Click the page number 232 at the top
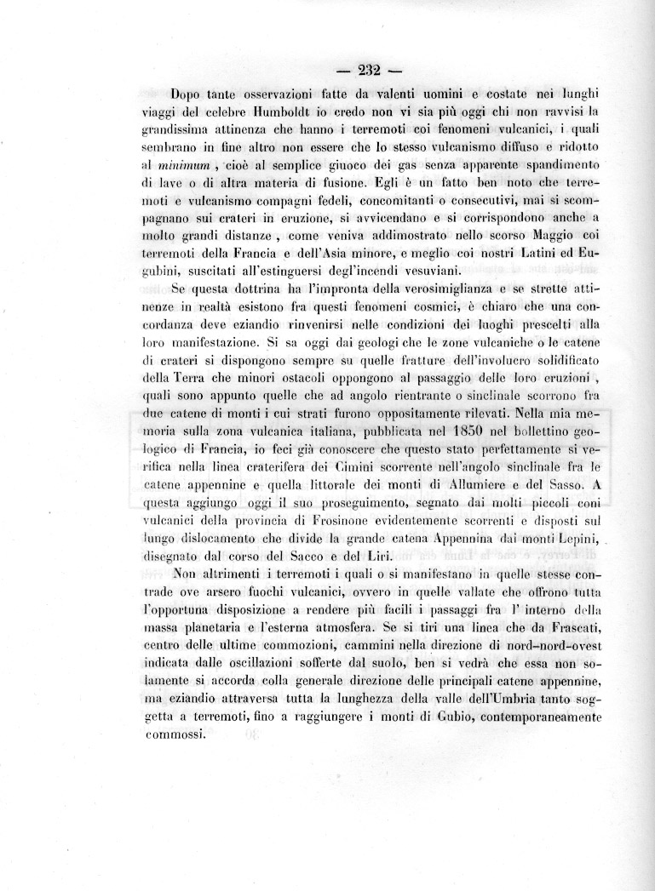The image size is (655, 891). pos(368,70)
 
